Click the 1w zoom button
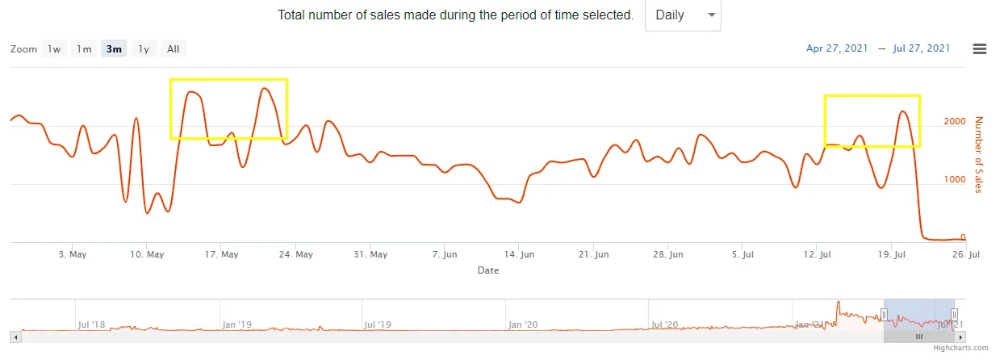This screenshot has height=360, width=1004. (x=54, y=48)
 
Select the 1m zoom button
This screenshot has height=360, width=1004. (x=84, y=48)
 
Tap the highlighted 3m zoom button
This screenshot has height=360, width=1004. (x=114, y=48)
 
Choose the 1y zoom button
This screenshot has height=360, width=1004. (x=144, y=48)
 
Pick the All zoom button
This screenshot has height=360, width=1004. (x=173, y=48)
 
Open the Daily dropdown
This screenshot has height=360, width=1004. (x=683, y=15)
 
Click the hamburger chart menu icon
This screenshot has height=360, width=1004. (x=980, y=48)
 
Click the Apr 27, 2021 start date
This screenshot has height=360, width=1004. (x=837, y=48)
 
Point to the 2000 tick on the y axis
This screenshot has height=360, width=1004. (x=955, y=121)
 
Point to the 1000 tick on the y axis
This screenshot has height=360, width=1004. (x=955, y=179)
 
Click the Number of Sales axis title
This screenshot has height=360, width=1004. (x=979, y=154)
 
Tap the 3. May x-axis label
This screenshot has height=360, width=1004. (x=73, y=254)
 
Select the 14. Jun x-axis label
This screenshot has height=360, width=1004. (x=519, y=254)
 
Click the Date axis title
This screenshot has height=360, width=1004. (x=487, y=270)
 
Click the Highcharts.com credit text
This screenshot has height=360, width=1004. (x=960, y=348)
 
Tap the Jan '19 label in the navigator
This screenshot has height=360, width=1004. (x=237, y=324)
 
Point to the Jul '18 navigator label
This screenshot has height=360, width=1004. (x=93, y=324)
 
